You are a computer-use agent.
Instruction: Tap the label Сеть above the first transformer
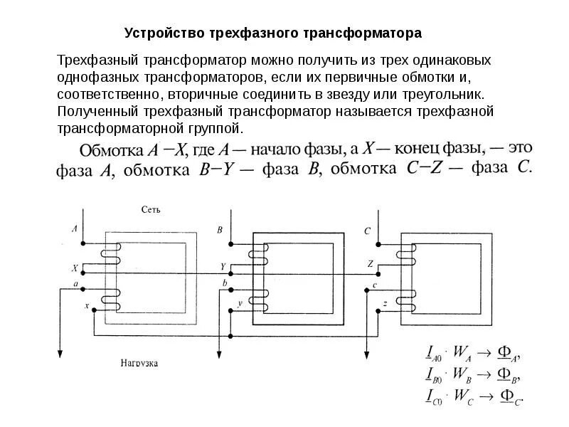[x=151, y=210]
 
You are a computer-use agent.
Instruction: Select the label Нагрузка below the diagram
[x=139, y=363]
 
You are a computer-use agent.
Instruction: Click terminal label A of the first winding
[x=75, y=229]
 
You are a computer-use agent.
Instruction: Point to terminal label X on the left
[x=75, y=268]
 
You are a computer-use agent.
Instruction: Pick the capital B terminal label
[x=220, y=230]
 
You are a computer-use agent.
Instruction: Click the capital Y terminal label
[x=223, y=267]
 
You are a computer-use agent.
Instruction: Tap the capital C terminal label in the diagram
[x=367, y=231]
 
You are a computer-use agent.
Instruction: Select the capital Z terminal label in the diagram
[x=371, y=263]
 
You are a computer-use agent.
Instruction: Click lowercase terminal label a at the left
[x=75, y=284]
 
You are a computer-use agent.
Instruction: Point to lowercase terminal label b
[x=225, y=284]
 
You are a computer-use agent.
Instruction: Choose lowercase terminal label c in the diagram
[x=374, y=285]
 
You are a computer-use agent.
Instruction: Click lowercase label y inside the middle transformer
[x=240, y=303]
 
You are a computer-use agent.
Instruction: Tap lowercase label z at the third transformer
[x=384, y=304]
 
